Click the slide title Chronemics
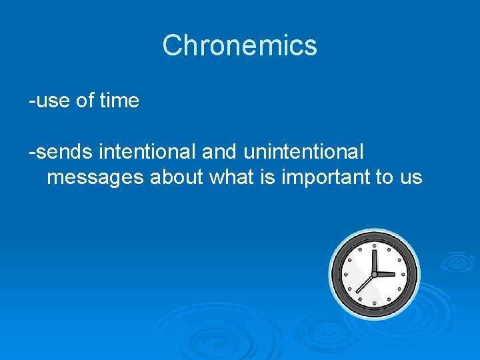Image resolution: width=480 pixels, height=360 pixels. (x=239, y=45)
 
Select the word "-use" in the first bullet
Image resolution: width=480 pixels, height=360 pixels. (x=49, y=101)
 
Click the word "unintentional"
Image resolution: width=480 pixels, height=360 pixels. (x=304, y=152)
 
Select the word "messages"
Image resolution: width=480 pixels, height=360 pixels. (x=96, y=177)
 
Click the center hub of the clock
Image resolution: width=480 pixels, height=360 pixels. (x=374, y=274)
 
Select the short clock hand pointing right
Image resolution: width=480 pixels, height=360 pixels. (x=385, y=274)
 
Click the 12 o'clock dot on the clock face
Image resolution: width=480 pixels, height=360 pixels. (x=374, y=245)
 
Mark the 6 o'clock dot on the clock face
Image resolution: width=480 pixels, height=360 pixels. (x=374, y=303)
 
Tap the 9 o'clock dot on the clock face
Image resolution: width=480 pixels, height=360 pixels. (x=345, y=274)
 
